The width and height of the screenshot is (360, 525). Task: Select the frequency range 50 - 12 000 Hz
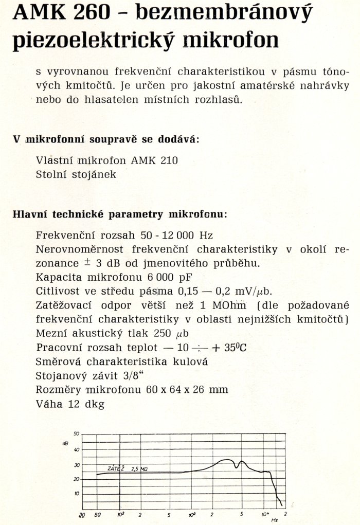point(176,236)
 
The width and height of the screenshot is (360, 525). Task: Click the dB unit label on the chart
point(65,443)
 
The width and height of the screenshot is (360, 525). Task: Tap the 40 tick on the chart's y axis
point(77,449)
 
